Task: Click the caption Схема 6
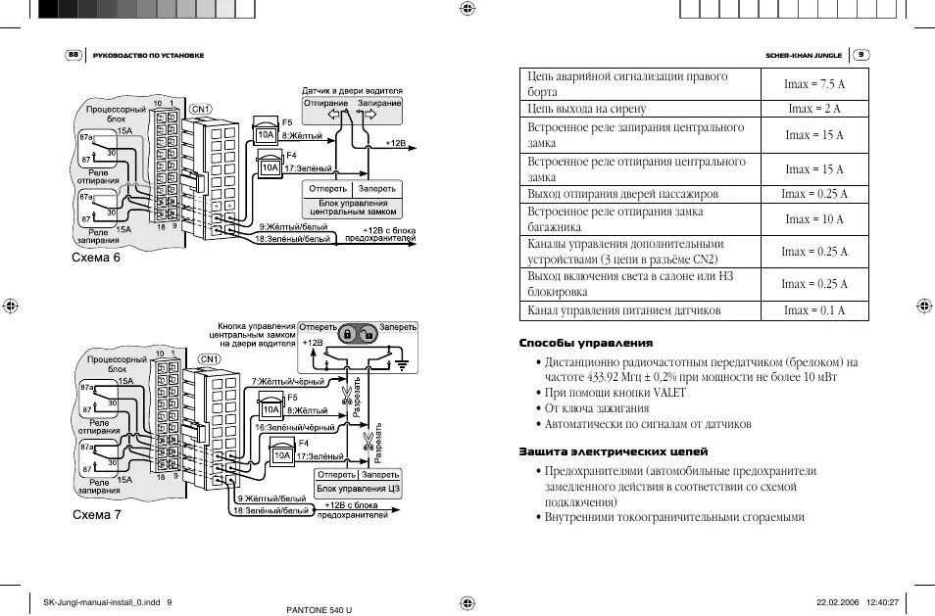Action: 96,259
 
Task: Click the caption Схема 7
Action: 96,514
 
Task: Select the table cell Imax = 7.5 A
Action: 813,85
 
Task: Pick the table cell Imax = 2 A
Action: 813,109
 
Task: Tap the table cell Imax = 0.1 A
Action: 813,310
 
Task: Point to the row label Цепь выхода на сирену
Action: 587,109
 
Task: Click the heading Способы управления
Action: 585,343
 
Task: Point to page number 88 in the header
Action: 74,55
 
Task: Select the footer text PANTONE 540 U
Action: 319,609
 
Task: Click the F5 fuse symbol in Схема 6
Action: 265,135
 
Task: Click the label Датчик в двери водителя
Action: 351,91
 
